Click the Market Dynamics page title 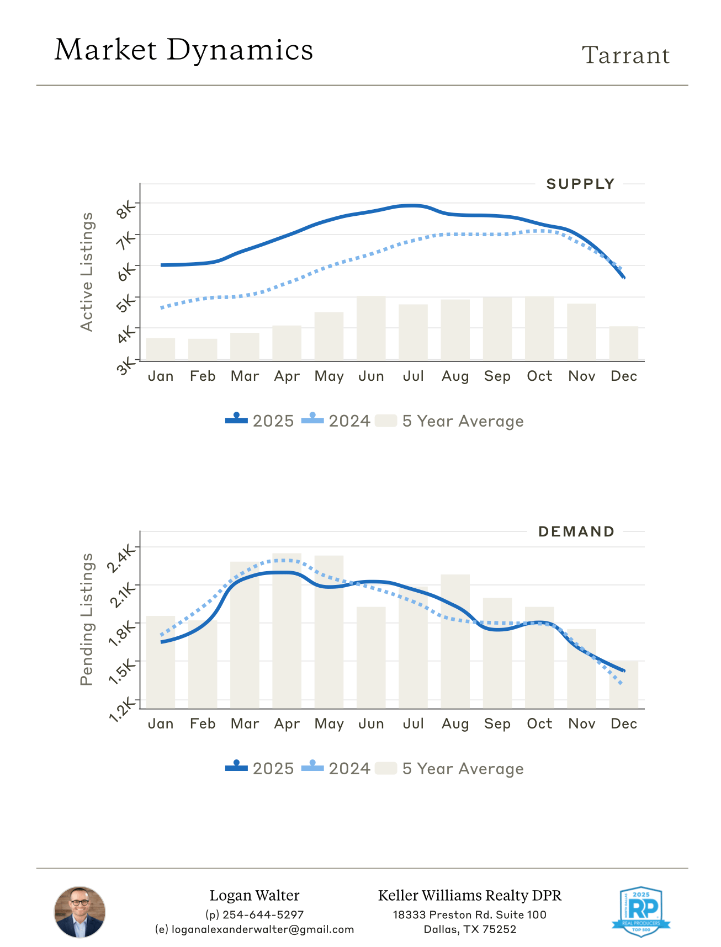pyautogui.click(x=184, y=50)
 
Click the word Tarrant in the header pyautogui.click(x=625, y=55)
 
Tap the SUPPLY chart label pyautogui.click(x=580, y=184)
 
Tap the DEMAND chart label pyautogui.click(x=576, y=532)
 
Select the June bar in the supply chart pyautogui.click(x=371, y=328)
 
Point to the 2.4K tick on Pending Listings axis pyautogui.click(x=121, y=558)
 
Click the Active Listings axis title pyautogui.click(x=87, y=272)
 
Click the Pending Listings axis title pyautogui.click(x=87, y=619)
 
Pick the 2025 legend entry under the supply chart pyautogui.click(x=260, y=421)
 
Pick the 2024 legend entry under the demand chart pyautogui.click(x=336, y=769)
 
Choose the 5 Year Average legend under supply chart pyautogui.click(x=449, y=421)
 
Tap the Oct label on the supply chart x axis pyautogui.click(x=539, y=376)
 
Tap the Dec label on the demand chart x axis pyautogui.click(x=624, y=724)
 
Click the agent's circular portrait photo pyautogui.click(x=79, y=912)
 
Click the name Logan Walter pyautogui.click(x=255, y=896)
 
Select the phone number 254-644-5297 pyautogui.click(x=263, y=914)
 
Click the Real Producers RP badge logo pyautogui.click(x=640, y=911)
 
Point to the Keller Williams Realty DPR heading pyautogui.click(x=470, y=896)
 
